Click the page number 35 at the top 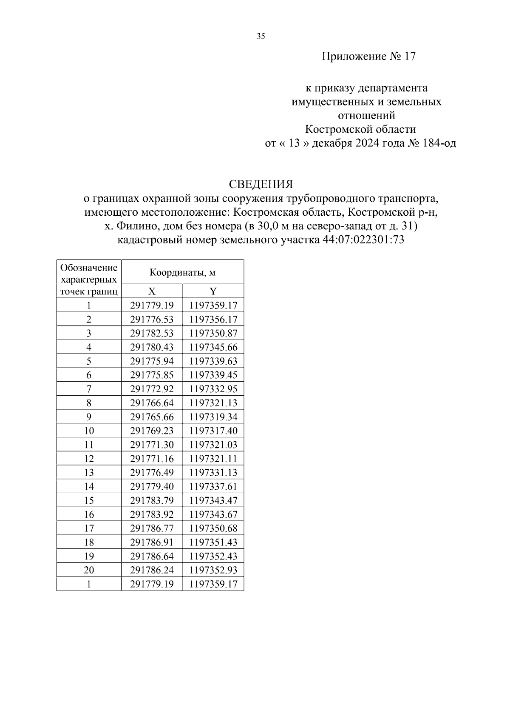click(261, 37)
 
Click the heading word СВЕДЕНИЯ click(261, 184)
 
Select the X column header click(152, 291)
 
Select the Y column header click(213, 291)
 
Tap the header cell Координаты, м click(182, 272)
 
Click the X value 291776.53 click(152, 319)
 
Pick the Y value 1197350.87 click(213, 333)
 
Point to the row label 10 click(89, 431)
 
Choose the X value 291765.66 click(152, 417)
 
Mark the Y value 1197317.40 click(213, 431)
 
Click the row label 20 click(89, 570)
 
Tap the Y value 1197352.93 click(213, 570)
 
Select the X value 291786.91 click(152, 542)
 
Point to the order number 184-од click(439, 143)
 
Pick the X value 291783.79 click(152, 500)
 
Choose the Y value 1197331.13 click(213, 472)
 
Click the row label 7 click(89, 389)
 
